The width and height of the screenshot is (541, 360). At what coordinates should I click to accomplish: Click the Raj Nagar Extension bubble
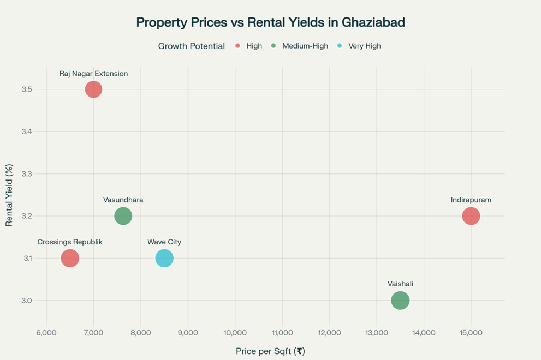tap(93, 89)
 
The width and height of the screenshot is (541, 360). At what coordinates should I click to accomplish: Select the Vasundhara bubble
tap(123, 216)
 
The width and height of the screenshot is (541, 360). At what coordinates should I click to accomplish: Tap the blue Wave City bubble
tap(164, 258)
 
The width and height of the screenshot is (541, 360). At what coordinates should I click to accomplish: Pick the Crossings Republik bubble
tap(70, 258)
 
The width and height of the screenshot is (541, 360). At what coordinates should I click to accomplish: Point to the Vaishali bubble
tap(400, 300)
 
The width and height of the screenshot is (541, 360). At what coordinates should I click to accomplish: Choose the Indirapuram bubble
tap(471, 216)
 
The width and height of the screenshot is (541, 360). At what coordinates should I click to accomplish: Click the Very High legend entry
tap(364, 46)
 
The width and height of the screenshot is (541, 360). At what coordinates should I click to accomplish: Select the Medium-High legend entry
tap(305, 46)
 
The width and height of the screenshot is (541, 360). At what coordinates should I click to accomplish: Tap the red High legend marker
tap(238, 46)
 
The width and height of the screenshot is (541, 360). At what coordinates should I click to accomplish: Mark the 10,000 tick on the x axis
tap(235, 332)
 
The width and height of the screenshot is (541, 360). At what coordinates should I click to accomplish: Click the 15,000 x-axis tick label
tap(471, 332)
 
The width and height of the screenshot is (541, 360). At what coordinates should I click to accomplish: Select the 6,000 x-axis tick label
tap(46, 332)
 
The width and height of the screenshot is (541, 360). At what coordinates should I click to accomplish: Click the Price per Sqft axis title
tap(270, 351)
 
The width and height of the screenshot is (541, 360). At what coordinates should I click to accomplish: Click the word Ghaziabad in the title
tap(373, 23)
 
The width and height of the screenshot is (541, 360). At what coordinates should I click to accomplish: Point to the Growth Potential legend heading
tap(191, 46)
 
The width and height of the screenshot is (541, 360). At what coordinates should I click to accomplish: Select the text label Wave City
tap(164, 242)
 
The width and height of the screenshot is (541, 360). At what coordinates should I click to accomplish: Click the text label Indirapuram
tap(471, 200)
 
